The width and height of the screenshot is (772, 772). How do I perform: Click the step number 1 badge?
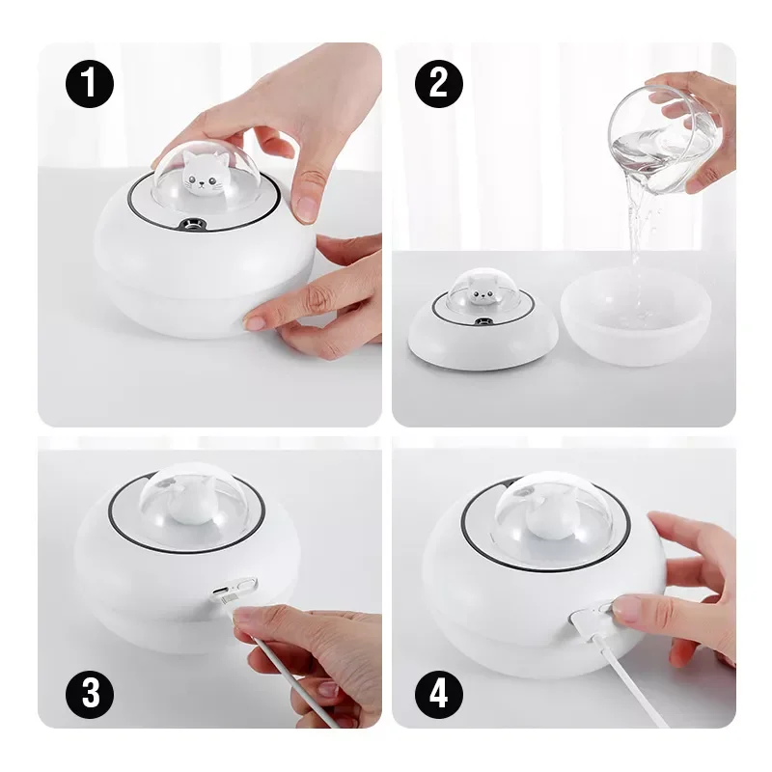(x=90, y=84)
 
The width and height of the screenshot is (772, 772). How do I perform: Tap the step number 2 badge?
(x=439, y=84)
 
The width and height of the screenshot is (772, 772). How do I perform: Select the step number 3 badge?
(x=90, y=694)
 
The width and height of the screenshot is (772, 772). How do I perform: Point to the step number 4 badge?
(x=439, y=694)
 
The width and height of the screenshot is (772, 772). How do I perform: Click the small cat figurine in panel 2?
(x=480, y=290)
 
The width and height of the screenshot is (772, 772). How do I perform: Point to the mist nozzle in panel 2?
(x=480, y=322)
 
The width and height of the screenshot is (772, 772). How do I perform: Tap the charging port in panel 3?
(x=220, y=591)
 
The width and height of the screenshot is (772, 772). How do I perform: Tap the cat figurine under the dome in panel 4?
(x=546, y=517)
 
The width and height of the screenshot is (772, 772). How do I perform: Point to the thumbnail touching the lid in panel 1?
(x=306, y=208)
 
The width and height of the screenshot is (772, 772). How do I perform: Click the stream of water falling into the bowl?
(x=636, y=236)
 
